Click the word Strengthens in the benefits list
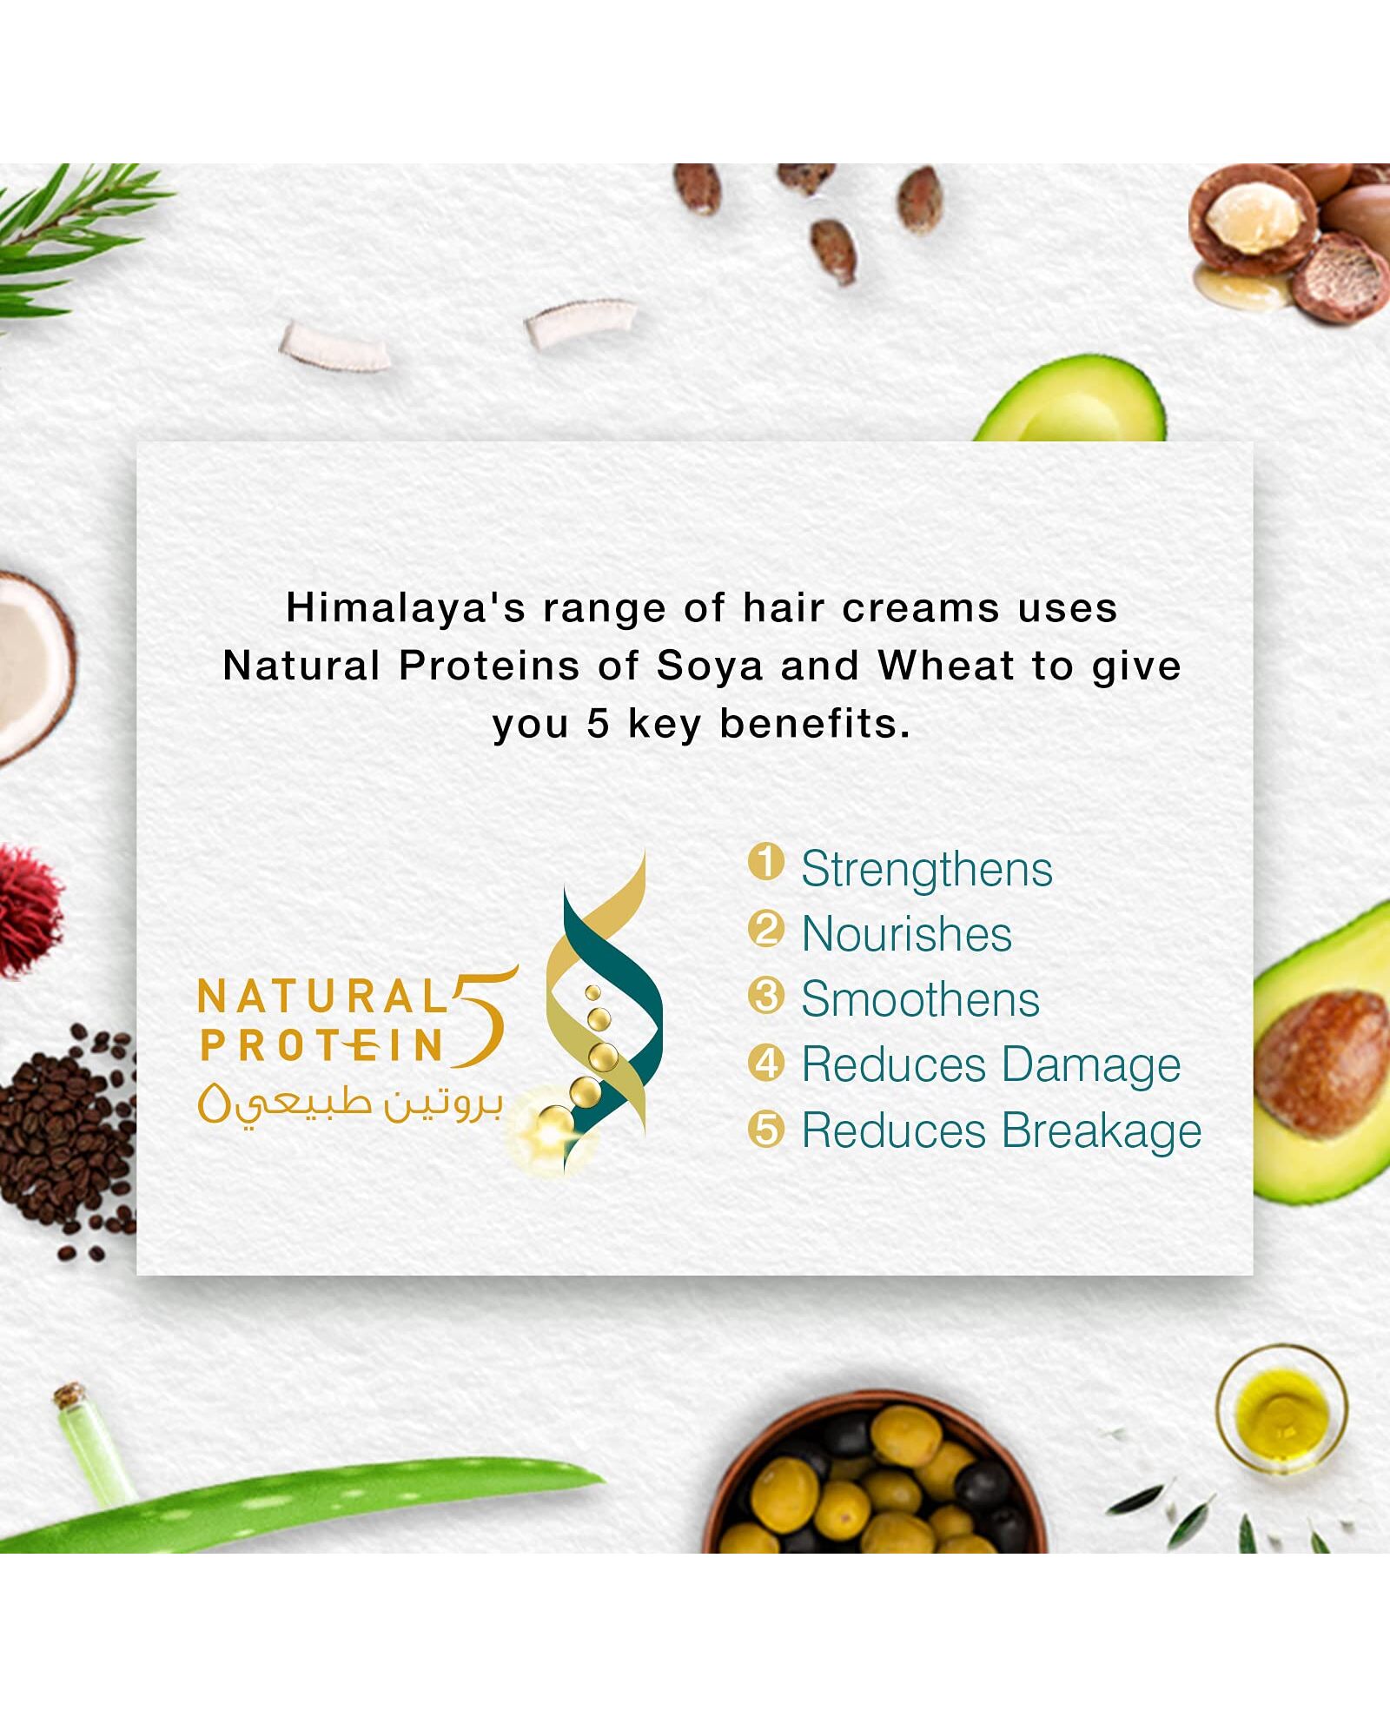coord(926,869)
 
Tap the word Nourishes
coord(906,934)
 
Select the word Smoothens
coord(920,999)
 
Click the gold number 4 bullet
coord(765,1063)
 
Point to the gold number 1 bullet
coord(765,863)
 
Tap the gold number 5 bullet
coord(765,1129)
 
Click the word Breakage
coord(1102,1131)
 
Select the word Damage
coord(1091,1066)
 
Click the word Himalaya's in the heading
coord(406,607)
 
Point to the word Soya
coord(711,666)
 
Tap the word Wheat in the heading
coord(946,666)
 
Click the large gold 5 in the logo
coord(484,1017)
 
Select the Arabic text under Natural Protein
coord(350,1104)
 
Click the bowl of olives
coord(876,1477)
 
